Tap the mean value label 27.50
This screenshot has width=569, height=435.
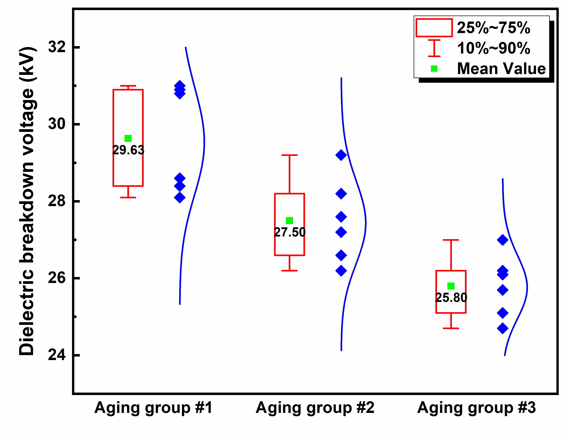point(290,232)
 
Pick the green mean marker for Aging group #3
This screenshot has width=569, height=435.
point(451,286)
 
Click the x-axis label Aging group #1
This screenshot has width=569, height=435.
point(153,408)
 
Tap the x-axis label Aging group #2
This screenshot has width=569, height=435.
point(315,408)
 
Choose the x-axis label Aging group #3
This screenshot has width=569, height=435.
point(476,408)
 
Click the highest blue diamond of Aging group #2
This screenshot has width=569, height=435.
point(341,155)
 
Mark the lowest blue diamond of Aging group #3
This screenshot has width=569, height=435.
point(502,328)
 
